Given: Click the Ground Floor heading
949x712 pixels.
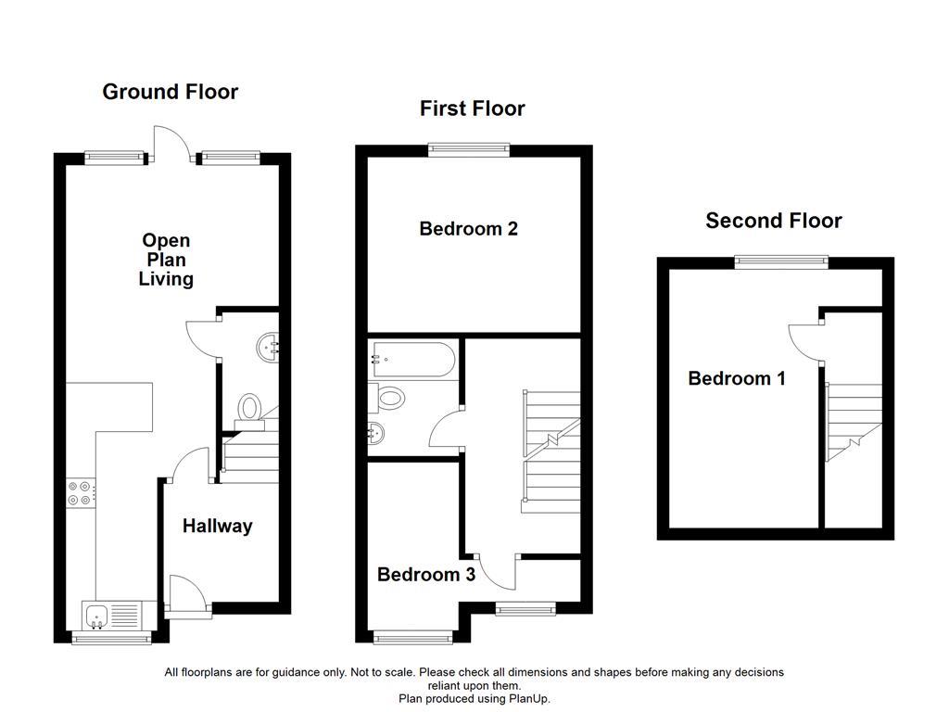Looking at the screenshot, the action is (x=171, y=92).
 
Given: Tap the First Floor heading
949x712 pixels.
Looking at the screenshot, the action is (x=472, y=109).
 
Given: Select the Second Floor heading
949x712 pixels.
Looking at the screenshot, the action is (x=774, y=221).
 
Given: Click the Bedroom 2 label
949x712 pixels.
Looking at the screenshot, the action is (x=468, y=229).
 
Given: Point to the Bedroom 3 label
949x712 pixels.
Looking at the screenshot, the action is (x=426, y=575).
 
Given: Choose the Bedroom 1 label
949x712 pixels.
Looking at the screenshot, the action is (x=737, y=379).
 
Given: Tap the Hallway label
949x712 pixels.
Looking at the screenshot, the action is (x=217, y=527).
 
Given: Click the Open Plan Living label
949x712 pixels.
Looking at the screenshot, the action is (x=166, y=260).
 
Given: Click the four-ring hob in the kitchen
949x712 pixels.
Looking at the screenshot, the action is (x=80, y=493).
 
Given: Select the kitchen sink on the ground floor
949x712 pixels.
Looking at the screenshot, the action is (x=112, y=616).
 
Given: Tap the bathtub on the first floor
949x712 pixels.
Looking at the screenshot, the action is (x=413, y=360).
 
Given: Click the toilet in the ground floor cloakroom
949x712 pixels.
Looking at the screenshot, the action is (x=249, y=411).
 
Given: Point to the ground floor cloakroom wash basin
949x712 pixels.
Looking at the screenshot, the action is (x=268, y=348).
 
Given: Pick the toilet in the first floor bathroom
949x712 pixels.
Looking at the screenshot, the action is (x=386, y=399).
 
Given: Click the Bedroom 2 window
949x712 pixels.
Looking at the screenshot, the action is (x=469, y=149).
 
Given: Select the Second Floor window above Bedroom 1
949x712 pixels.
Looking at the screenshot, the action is (x=781, y=261).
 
